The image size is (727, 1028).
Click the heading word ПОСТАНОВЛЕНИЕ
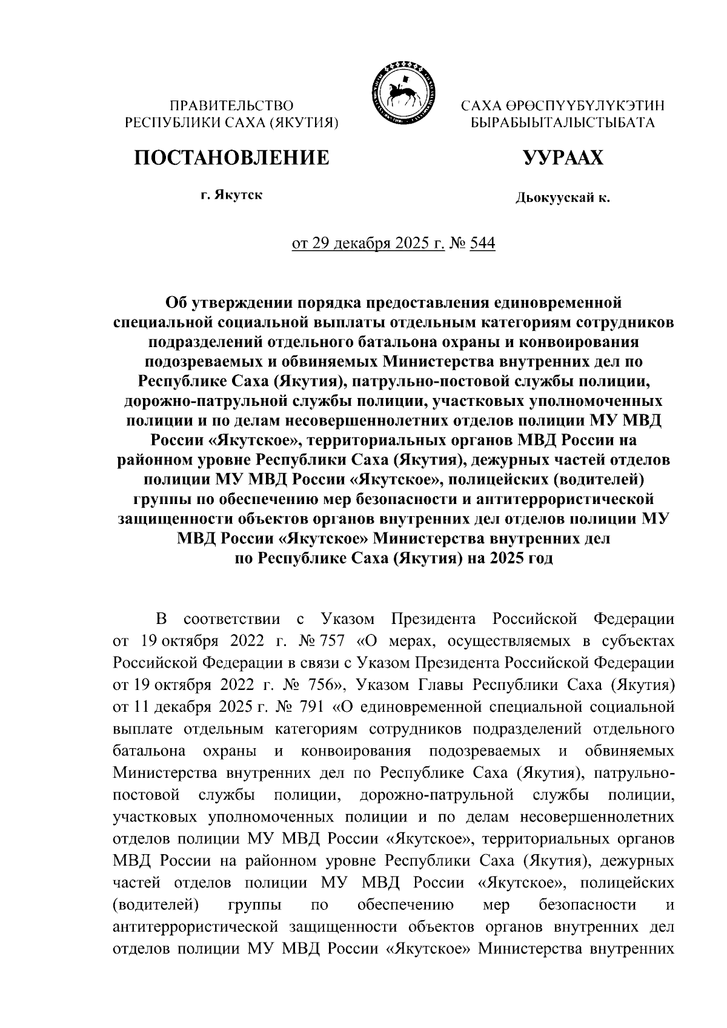click(232, 158)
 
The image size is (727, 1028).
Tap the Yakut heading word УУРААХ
click(563, 158)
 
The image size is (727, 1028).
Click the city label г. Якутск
click(232, 196)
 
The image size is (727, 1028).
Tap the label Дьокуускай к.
click(563, 197)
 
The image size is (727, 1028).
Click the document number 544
click(482, 244)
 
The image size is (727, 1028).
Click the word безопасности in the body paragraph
click(587, 904)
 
